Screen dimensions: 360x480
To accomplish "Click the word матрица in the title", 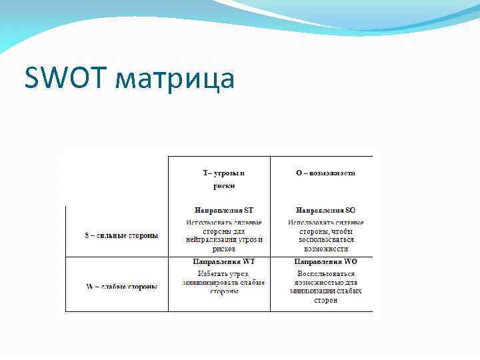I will (175, 80).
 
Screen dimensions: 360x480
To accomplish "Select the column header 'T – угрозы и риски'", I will (219, 179).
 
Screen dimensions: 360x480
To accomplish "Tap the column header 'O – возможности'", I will (325, 173).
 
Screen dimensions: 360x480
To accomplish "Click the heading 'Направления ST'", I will (223, 210).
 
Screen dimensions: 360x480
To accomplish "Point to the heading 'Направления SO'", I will (325, 210).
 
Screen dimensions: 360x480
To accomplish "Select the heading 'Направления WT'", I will (223, 262).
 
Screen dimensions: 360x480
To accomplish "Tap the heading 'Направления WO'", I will (325, 262).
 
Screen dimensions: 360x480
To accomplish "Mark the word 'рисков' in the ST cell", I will (223, 249).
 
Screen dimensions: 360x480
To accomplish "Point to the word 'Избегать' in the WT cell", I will (213, 274).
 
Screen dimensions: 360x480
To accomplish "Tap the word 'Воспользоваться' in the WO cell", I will (325, 274).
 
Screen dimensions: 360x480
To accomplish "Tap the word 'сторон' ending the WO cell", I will (325, 300).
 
